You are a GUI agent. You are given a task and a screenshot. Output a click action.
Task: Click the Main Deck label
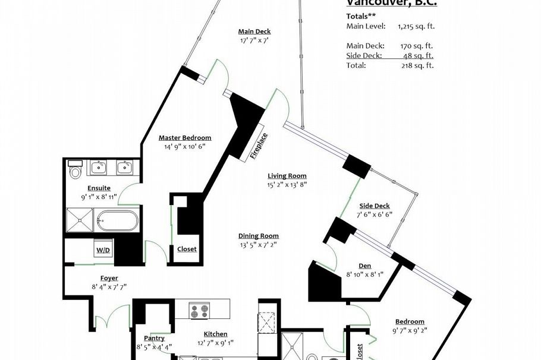pyautogui.click(x=254, y=31)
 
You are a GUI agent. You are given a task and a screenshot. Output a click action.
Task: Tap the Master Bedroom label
pyautogui.click(x=184, y=138)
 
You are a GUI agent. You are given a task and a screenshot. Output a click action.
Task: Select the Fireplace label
pyautogui.click(x=259, y=146)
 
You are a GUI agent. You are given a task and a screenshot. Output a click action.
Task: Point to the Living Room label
pyautogui.click(x=287, y=176)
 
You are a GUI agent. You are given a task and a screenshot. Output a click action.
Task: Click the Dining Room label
pyautogui.click(x=259, y=236)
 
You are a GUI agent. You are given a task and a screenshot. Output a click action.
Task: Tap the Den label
pyautogui.click(x=365, y=266)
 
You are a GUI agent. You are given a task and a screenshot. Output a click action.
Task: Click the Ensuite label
pyautogui.click(x=99, y=188)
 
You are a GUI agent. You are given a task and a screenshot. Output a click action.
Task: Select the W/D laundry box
pyautogui.click(x=103, y=250)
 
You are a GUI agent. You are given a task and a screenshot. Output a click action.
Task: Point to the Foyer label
pyautogui.click(x=109, y=278)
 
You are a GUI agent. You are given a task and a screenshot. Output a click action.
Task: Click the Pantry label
pyautogui.click(x=154, y=338)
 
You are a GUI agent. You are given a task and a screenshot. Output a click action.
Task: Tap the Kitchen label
pyautogui.click(x=215, y=334)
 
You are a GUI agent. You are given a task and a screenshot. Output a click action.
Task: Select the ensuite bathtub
pyautogui.click(x=117, y=221)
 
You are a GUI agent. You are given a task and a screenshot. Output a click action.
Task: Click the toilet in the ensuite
pyautogui.click(x=75, y=172)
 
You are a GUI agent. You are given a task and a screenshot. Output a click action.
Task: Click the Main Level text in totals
pyautogui.click(x=366, y=26)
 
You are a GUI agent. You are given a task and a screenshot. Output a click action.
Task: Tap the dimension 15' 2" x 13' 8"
pyautogui.click(x=287, y=184)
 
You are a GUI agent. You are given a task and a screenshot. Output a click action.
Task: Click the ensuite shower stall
pyautogui.click(x=80, y=219)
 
